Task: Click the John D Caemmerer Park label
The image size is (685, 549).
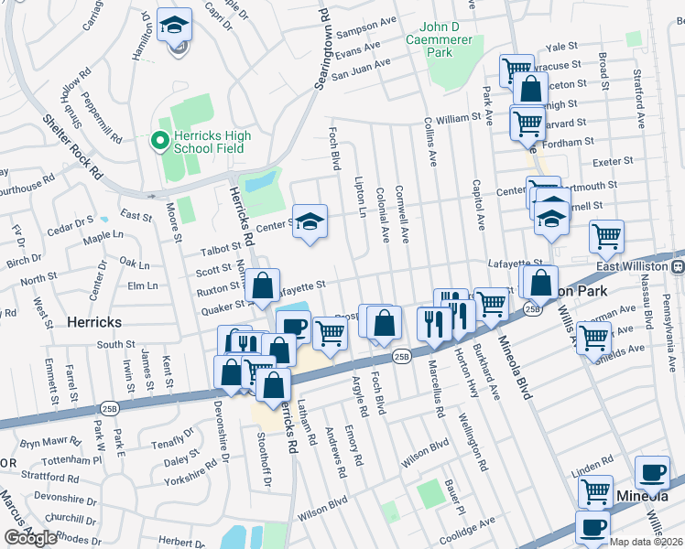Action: click(x=442, y=42)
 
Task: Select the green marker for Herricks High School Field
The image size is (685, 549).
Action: click(x=158, y=141)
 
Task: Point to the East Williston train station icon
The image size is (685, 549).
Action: click(x=679, y=266)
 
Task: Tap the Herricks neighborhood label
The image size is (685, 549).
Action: click(x=93, y=322)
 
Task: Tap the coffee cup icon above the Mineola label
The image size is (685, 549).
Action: click(x=652, y=473)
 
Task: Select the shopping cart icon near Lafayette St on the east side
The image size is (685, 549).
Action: click(x=606, y=237)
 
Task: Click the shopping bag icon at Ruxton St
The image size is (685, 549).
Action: click(x=263, y=286)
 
